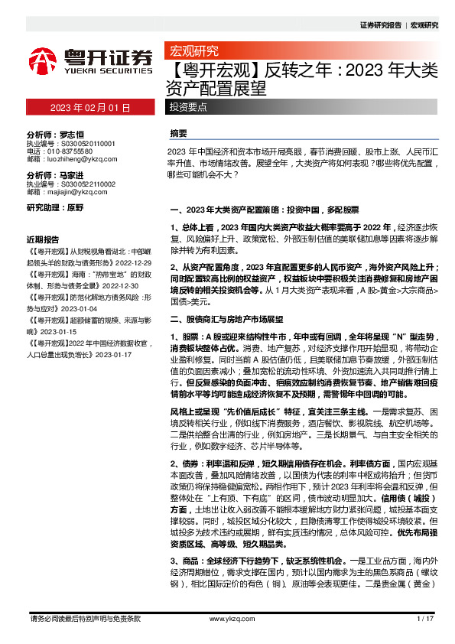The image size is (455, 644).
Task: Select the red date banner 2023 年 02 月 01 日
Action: (x=91, y=108)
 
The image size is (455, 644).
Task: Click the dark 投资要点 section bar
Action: (x=189, y=108)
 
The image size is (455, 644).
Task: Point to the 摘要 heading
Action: (x=178, y=133)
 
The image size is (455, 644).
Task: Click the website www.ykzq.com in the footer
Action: (x=227, y=618)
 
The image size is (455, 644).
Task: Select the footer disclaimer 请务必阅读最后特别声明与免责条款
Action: (x=84, y=618)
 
